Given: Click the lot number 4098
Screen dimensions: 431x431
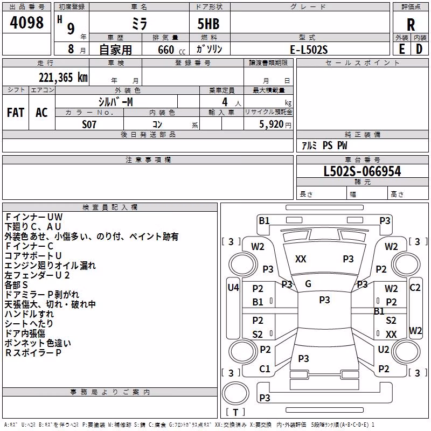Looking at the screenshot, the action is (x=26, y=23).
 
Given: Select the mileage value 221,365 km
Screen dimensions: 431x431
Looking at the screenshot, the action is (x=63, y=78).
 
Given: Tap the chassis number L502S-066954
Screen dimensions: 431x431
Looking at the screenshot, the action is (x=362, y=171).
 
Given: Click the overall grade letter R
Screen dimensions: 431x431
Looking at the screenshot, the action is (x=411, y=25).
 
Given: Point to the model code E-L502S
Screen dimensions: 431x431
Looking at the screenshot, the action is (x=309, y=50).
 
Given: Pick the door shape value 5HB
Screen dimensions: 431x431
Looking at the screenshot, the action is (x=208, y=24).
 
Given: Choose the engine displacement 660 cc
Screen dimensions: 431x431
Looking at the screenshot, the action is (x=171, y=50).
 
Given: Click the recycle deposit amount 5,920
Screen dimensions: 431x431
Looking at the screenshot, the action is (x=272, y=124).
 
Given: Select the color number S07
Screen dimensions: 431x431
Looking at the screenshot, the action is (x=89, y=124).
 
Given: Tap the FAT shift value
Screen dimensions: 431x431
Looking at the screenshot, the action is (x=16, y=113).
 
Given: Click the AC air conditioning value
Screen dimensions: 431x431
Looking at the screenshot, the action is (x=41, y=113).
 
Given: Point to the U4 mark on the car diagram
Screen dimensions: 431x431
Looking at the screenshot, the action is (x=233, y=288).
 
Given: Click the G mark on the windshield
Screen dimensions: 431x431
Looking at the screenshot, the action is (x=308, y=284).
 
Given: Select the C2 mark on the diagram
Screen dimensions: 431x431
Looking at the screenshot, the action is (x=415, y=288).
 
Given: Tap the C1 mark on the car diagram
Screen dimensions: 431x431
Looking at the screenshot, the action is (x=265, y=369).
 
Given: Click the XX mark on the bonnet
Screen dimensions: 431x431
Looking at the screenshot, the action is (x=301, y=259).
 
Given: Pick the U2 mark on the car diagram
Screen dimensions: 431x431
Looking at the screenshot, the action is (x=384, y=349).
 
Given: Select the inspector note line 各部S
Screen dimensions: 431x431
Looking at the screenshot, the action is (x=16, y=285).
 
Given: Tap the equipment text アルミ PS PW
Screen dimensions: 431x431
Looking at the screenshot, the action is (x=324, y=145).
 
